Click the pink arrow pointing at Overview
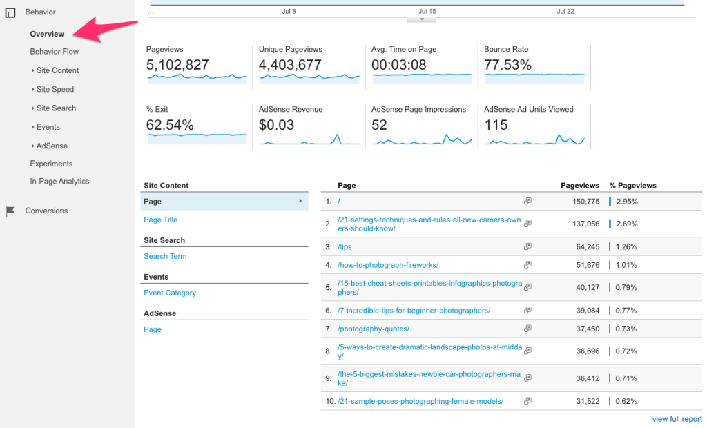click(104, 32)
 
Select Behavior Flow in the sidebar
click(54, 52)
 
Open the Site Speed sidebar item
click(55, 89)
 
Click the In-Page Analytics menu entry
click(59, 182)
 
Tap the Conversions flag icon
click(10, 211)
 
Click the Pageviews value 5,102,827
click(177, 65)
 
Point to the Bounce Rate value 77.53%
click(507, 65)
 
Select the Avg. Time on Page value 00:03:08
click(399, 65)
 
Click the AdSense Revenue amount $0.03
click(276, 125)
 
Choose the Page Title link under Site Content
click(160, 220)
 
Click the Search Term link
click(165, 256)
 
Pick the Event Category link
click(170, 293)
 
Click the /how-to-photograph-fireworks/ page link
click(388, 265)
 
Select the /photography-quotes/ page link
click(374, 329)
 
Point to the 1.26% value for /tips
click(626, 246)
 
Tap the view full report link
click(677, 419)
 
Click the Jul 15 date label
click(427, 12)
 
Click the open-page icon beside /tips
click(527, 246)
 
